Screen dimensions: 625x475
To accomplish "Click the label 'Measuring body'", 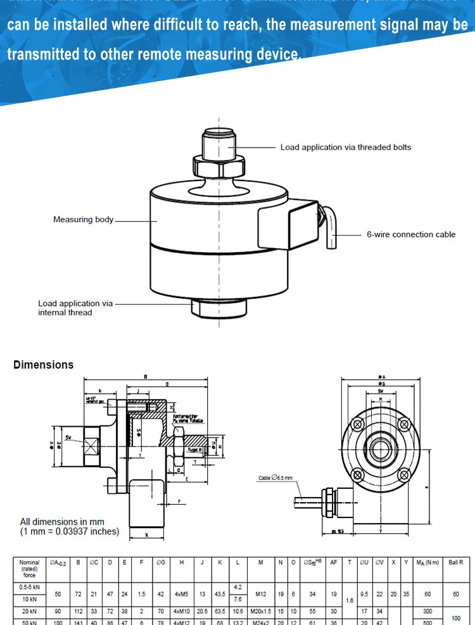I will point(83,220).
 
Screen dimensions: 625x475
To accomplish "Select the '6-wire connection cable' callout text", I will point(410,234).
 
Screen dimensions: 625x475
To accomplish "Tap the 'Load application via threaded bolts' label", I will point(345,148).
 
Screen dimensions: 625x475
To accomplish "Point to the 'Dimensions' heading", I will point(43,365).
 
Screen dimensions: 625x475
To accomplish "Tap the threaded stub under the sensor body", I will point(218,308).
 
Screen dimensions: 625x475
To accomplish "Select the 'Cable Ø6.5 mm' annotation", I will point(275,478).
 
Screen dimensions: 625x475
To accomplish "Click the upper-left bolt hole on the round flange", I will point(357,423).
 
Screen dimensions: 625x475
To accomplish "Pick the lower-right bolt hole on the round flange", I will point(403,474).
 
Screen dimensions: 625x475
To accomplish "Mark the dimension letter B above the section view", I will point(146,377).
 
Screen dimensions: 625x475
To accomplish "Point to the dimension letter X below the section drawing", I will point(146,535).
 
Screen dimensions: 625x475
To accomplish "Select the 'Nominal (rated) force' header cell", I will point(29,568).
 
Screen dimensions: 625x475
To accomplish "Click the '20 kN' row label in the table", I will point(29,612).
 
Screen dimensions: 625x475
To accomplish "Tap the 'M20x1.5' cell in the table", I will point(260,612).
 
